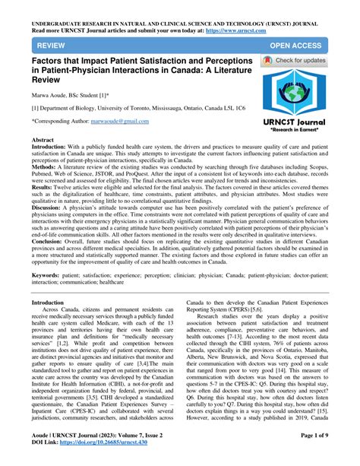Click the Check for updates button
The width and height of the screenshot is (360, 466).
click(300, 60)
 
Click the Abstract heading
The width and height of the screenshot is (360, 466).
click(42, 141)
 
